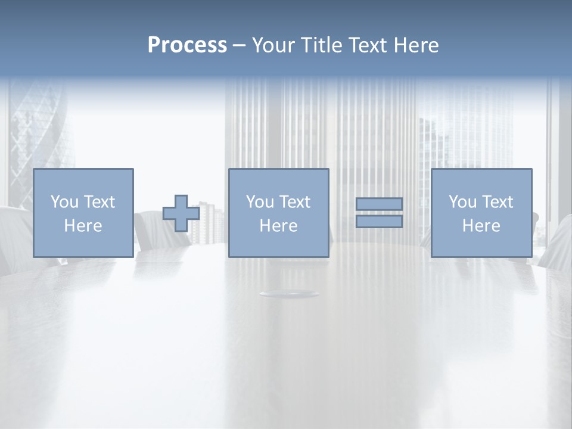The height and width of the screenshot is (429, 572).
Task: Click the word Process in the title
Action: [x=187, y=45]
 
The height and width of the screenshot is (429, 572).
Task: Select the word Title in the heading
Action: [x=322, y=45]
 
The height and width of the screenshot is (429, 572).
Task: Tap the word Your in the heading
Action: [x=274, y=45]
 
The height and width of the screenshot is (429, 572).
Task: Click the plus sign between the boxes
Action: [x=181, y=213]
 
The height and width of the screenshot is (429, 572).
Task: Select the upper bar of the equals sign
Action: [x=379, y=204]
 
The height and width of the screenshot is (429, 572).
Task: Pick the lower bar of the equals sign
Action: [x=379, y=222]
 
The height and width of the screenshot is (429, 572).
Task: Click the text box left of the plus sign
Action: [x=83, y=213]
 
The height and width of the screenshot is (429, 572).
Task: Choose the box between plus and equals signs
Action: [x=278, y=213]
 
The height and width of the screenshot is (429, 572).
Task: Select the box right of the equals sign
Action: [x=481, y=213]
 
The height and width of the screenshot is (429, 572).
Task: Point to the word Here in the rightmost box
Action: [x=481, y=226]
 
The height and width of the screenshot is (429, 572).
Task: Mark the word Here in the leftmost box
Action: [x=83, y=226]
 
